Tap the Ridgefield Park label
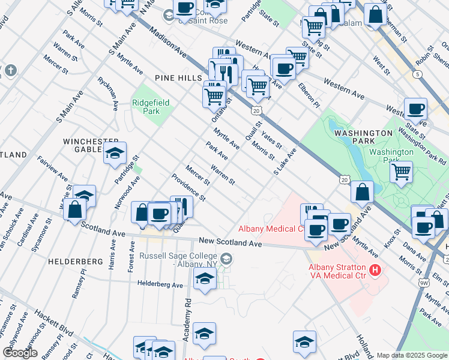coord(151,107)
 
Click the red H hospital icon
coord(375,270)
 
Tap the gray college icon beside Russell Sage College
coord(226,259)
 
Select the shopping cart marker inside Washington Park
coord(401,172)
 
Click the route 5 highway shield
coord(417,74)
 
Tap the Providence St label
coord(188,188)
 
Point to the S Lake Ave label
coord(285,162)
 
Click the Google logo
coord(20,353)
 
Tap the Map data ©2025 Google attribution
coord(411,355)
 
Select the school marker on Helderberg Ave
coord(205,278)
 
